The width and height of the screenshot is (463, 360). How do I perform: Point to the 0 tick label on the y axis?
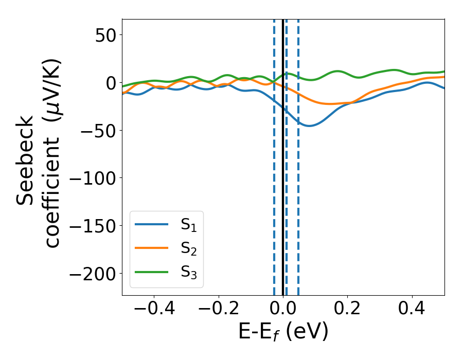[x=109, y=82]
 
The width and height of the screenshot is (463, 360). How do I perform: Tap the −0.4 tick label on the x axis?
[x=154, y=310]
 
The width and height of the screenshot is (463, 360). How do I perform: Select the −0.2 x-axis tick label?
[x=219, y=310]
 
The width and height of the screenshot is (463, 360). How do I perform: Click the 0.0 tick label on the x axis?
[x=283, y=310]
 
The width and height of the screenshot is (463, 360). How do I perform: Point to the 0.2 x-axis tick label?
[x=348, y=310]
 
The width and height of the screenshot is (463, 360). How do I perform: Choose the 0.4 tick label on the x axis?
[x=412, y=310]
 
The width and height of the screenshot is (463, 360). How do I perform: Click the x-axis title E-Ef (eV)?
[x=283, y=332]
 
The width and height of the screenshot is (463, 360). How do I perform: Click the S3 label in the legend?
[x=189, y=272]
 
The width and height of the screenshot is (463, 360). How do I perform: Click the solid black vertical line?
[x=283, y=206]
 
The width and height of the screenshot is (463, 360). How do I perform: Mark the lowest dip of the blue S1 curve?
[x=309, y=125]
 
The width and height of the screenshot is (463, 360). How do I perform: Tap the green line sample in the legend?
[x=152, y=272]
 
